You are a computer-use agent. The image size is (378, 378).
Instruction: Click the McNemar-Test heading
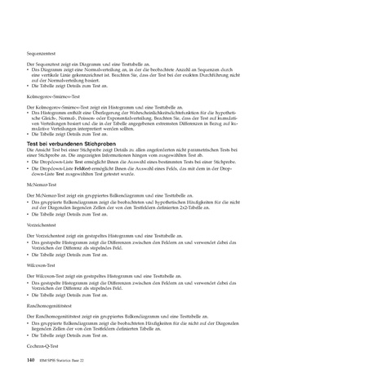pos(42,187)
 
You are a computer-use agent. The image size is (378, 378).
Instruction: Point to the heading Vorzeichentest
pos(43,224)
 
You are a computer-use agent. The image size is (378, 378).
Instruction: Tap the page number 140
pos(31,359)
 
